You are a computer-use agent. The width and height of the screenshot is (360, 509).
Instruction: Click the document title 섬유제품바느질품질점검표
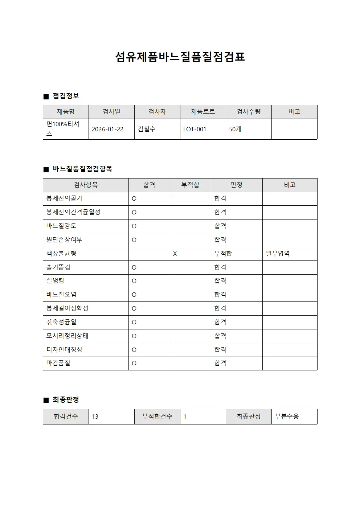coord(180,57)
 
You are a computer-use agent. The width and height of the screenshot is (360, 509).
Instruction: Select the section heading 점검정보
coord(66,96)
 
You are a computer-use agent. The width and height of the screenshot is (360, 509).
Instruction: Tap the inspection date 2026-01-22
coord(107,129)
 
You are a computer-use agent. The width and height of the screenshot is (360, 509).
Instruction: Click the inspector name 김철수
coord(147,129)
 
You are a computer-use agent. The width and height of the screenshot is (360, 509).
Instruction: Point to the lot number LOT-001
coord(195,129)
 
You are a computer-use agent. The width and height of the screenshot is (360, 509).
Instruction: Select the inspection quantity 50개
coord(235,129)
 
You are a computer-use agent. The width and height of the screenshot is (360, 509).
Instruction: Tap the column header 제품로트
coord(203,112)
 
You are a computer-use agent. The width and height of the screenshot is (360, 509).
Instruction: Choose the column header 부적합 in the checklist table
coord(190,185)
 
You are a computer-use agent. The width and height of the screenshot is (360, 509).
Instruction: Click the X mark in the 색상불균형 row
coord(175,254)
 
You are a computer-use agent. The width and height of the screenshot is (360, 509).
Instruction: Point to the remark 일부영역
coord(278,254)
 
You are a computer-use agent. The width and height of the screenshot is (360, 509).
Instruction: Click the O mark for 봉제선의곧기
coord(134,199)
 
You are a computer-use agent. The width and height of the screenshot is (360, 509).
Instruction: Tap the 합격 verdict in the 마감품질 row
coord(220,363)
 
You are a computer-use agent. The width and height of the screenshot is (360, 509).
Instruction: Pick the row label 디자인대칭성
coord(64,350)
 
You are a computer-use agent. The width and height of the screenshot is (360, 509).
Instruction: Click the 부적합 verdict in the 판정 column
coord(223,254)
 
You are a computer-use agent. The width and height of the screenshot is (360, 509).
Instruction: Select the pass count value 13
coord(95,416)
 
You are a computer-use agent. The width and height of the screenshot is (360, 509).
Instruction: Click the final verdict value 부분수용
coord(287,416)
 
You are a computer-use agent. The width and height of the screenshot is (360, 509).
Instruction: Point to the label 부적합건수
coord(157,416)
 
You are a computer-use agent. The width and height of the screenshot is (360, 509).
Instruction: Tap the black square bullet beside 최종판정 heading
coord(46,400)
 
